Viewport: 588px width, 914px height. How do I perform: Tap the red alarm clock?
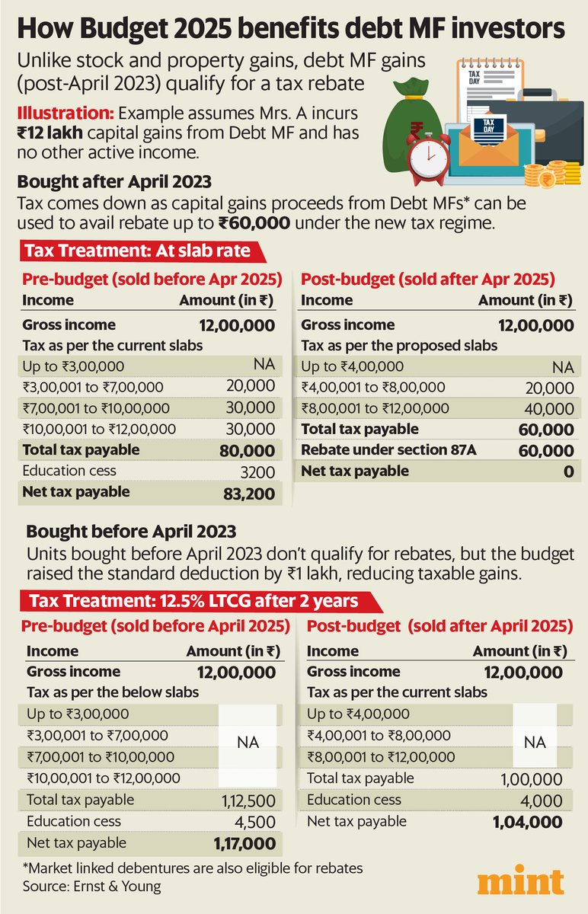(428, 158)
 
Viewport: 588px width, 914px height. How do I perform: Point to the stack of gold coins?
(552, 174)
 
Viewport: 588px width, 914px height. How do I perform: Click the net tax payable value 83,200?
(249, 494)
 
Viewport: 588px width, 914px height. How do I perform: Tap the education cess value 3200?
(257, 472)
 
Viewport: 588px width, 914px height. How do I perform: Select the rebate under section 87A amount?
(546, 451)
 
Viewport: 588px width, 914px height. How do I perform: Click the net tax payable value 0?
(568, 471)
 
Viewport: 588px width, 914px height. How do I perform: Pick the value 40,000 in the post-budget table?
(549, 409)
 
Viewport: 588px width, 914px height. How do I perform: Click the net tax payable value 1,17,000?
(244, 844)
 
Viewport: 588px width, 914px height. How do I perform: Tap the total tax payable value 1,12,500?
(249, 801)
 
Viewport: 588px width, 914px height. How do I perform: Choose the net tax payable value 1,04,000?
(528, 822)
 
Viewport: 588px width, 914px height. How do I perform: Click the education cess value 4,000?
(541, 801)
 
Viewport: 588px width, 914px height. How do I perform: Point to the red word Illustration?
(66, 113)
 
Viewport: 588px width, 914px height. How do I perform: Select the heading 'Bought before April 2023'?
(131, 532)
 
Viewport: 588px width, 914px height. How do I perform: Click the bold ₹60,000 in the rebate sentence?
(254, 223)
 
